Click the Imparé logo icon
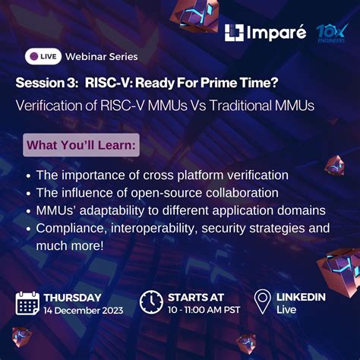pos(234,33)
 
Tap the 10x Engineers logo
pos(331,33)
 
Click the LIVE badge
pos(43,56)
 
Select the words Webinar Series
pos(102,56)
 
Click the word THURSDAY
pos(72,297)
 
